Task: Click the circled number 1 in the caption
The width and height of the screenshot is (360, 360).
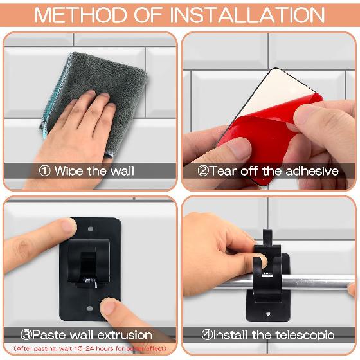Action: [x=45, y=171]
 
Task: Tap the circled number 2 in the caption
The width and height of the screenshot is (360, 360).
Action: [x=203, y=171]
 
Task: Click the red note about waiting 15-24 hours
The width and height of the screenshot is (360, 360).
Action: [x=90, y=348]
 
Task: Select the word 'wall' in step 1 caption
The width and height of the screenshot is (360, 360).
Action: [x=123, y=171]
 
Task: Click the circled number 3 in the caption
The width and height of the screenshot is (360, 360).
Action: [x=27, y=335]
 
